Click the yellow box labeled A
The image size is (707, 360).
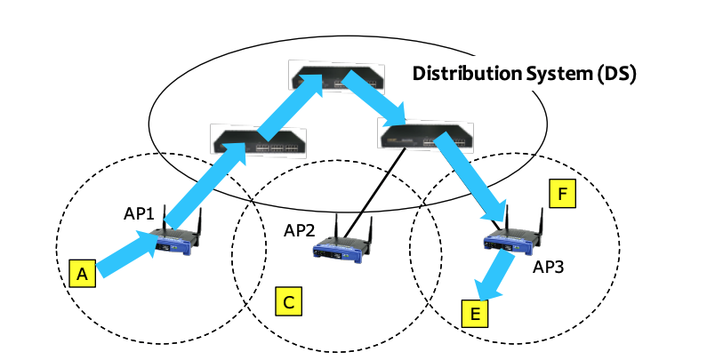(x=82, y=276)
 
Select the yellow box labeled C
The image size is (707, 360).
(x=287, y=302)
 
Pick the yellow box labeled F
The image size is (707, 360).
(x=561, y=194)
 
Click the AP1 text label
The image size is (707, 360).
(x=139, y=214)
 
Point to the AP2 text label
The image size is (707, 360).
(x=301, y=230)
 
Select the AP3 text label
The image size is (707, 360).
(x=550, y=266)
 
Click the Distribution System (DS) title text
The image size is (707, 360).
(x=524, y=73)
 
